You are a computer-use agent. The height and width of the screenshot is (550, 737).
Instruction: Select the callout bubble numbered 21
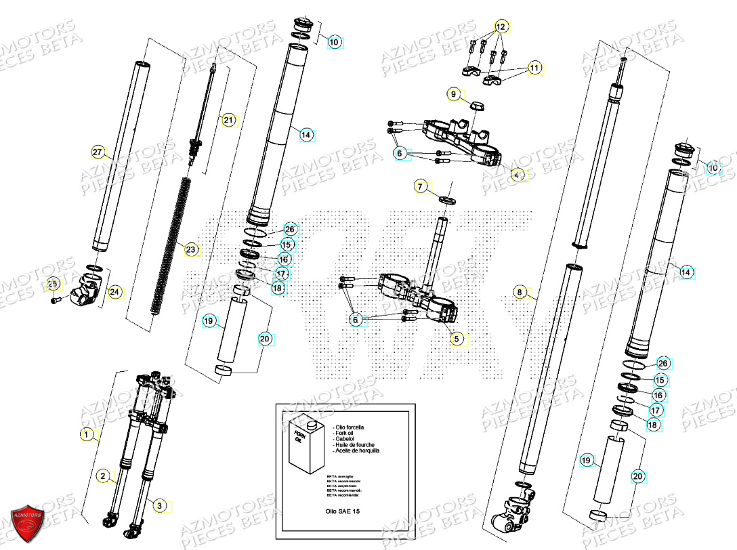pos(228,121)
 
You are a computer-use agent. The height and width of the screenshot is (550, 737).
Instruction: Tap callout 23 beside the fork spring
pos(191,250)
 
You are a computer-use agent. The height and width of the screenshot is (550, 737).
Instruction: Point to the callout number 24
pos(114,292)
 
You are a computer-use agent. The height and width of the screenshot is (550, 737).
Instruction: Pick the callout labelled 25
pos(53,284)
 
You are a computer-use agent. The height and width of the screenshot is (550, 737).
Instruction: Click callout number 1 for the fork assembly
pos(87,433)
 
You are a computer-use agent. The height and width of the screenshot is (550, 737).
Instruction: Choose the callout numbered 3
pos(159,505)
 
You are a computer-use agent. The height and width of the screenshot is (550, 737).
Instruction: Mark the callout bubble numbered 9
pos(454,93)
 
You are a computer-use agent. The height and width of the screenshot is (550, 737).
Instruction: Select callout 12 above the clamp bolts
pos(501,27)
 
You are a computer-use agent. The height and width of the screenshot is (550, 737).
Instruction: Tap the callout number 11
pos(535,68)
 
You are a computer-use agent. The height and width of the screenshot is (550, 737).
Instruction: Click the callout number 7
pos(420,186)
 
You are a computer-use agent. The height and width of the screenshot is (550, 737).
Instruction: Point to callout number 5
pos(456,338)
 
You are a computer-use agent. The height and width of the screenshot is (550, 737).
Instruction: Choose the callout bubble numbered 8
pos(520,293)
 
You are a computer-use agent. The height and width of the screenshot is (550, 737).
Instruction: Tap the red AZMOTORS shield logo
pos(29,522)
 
